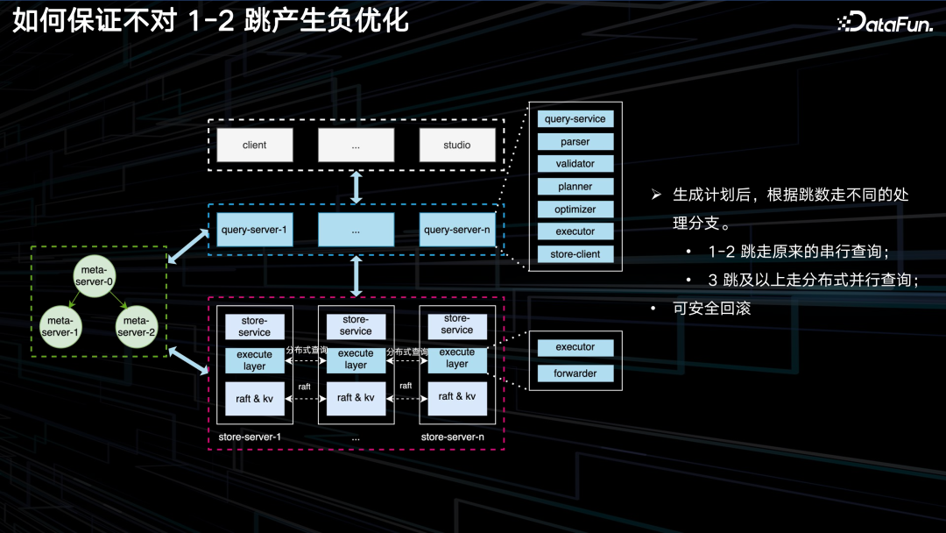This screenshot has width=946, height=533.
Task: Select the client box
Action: pyautogui.click(x=254, y=145)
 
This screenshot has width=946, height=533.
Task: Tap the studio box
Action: pyautogui.click(x=456, y=145)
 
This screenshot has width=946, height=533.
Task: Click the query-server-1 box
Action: pyautogui.click(x=254, y=230)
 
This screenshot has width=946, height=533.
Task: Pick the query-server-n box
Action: pyautogui.click(x=456, y=230)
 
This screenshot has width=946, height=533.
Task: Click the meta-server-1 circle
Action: pyautogui.click(x=60, y=326)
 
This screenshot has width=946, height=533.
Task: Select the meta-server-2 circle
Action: pyautogui.click(x=136, y=326)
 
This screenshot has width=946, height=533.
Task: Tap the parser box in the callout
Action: pyautogui.click(x=575, y=141)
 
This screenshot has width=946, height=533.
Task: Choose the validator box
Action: pyautogui.click(x=575, y=164)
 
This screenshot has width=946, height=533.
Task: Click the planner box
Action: pyautogui.click(x=575, y=187)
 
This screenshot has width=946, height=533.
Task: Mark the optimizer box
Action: pyautogui.click(x=575, y=210)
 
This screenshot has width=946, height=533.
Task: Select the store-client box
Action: pyautogui.click(x=575, y=254)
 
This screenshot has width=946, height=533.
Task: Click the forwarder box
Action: pyautogui.click(x=575, y=373)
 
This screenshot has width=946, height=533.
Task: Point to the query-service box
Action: pyautogui.click(x=575, y=118)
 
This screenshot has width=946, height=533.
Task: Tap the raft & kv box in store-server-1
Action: pyautogui.click(x=255, y=399)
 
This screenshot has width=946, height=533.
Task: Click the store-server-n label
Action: pyautogui.click(x=452, y=437)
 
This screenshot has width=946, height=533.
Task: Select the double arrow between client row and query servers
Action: pyautogui.click(x=357, y=188)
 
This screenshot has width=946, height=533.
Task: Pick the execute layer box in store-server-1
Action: pyautogui.click(x=255, y=360)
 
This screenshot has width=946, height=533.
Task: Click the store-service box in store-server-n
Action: pyautogui.click(x=457, y=324)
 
